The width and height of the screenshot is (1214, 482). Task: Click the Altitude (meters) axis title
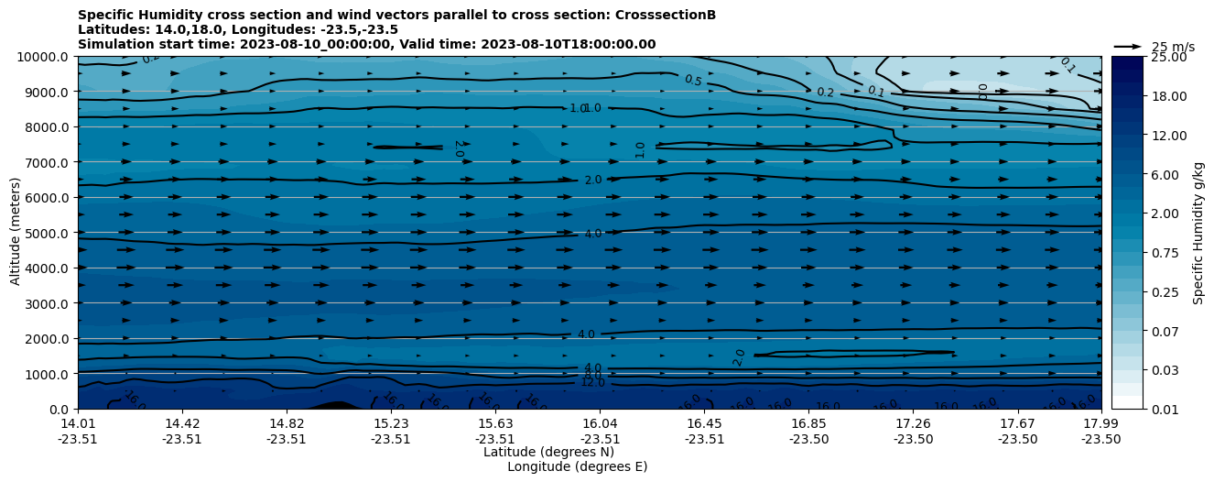point(16,233)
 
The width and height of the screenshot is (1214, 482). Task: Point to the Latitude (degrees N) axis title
point(548,452)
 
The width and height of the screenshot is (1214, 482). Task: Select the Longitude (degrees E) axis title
point(577,466)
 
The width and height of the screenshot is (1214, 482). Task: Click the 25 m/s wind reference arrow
point(1127,47)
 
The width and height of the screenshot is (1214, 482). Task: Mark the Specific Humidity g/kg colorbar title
point(1198,233)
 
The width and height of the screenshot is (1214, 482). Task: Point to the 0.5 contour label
point(693,81)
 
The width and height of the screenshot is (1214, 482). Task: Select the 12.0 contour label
point(592,382)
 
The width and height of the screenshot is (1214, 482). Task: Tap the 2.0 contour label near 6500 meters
point(593,180)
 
